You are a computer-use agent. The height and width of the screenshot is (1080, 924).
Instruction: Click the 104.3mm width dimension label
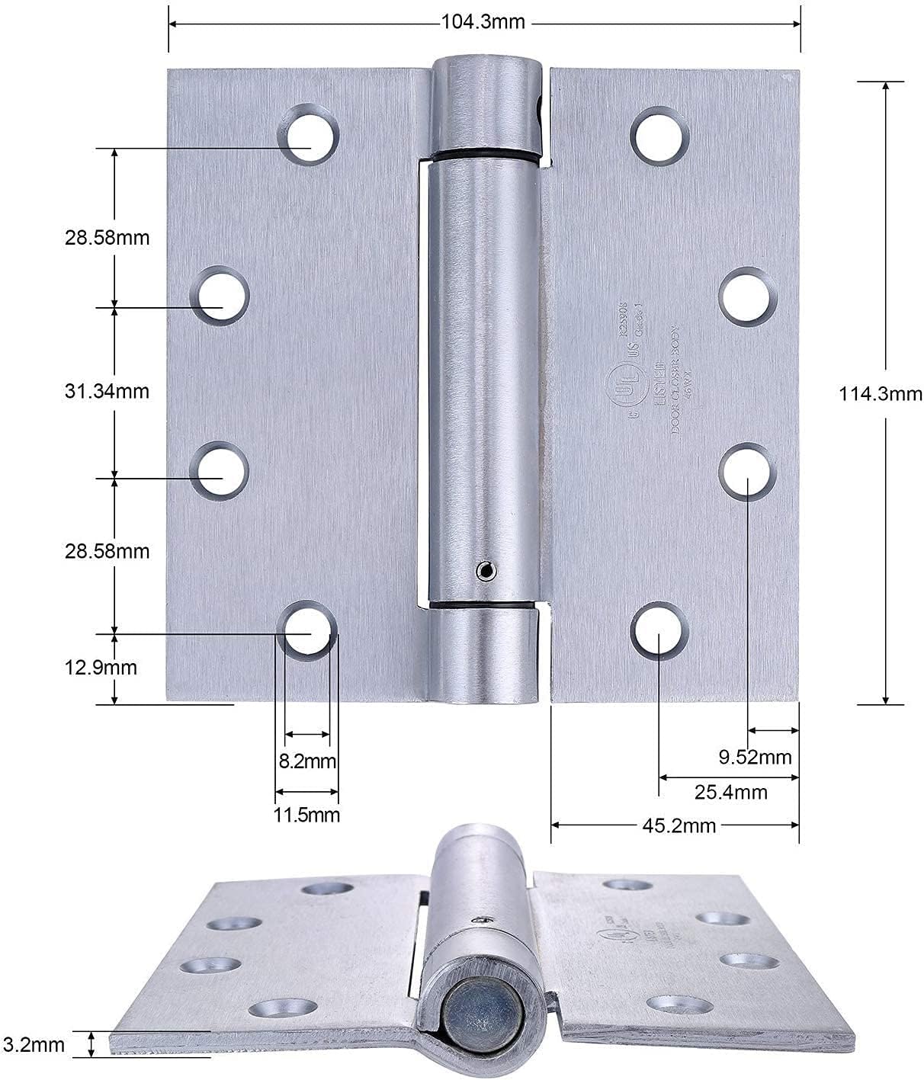(483, 22)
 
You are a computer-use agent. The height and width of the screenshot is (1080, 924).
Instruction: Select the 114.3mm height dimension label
(880, 394)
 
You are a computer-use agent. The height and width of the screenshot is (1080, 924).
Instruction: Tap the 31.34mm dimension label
(106, 392)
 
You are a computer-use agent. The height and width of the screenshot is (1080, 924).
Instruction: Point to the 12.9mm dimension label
(101, 668)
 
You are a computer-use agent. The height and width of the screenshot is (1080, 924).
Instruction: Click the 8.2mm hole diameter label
(307, 761)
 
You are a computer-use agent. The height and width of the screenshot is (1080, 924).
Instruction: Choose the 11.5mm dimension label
(306, 815)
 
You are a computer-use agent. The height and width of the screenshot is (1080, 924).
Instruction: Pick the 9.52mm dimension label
(755, 757)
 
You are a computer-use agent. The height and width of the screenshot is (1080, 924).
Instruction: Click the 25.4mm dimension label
(730, 792)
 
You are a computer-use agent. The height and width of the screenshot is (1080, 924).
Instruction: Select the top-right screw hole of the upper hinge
(660, 135)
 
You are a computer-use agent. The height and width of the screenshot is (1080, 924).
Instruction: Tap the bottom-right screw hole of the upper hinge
(660, 631)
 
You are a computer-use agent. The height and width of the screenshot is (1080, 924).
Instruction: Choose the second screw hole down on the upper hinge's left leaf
(220, 296)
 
